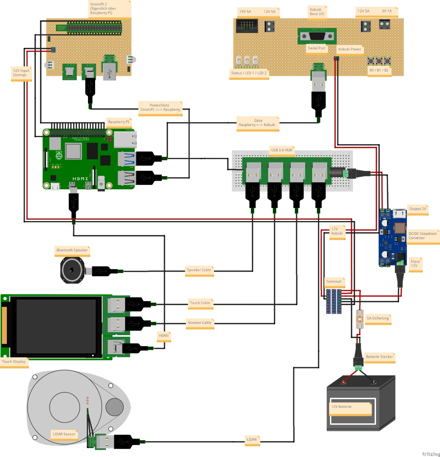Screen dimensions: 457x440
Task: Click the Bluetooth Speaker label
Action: coord(72,250)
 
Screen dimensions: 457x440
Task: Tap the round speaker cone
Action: coord(72,270)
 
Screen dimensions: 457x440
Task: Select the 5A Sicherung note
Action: coord(378,318)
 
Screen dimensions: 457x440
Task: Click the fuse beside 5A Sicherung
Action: coord(359,319)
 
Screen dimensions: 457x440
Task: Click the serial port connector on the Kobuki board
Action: coord(317,36)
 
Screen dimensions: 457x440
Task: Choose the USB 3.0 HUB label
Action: coord(281,150)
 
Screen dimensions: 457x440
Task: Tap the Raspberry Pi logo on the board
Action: coord(59,155)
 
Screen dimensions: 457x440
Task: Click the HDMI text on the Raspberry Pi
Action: coord(80,179)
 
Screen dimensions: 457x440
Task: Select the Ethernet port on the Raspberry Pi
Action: coord(125,139)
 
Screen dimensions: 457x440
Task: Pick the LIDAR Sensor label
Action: coord(64,434)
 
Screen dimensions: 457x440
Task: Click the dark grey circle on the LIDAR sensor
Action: coord(115,407)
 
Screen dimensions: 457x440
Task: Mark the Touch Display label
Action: coord(14,362)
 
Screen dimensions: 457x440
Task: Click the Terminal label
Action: coord(334,282)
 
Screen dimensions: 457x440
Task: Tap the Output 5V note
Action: coord(417,209)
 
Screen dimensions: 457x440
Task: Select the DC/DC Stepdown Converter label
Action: coord(422,236)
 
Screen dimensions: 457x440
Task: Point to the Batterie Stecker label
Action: coord(379,357)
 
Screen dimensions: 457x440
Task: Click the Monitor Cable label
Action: coord(200,323)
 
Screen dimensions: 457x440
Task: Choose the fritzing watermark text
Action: coord(431,454)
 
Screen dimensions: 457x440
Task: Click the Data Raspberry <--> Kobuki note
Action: coord(257,123)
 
